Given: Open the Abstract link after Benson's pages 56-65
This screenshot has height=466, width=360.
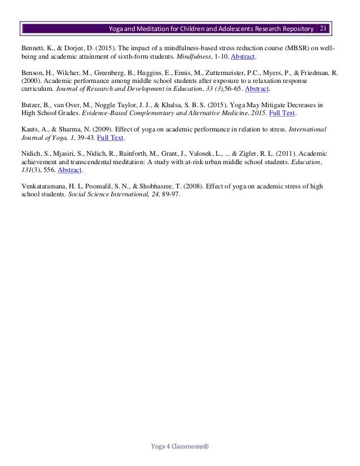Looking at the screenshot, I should [257, 89].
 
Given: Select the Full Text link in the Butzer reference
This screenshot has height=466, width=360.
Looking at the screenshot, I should [282, 113].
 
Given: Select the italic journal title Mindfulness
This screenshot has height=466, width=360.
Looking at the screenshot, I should [197, 58].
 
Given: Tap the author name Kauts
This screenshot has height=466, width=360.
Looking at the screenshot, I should [30, 129].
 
